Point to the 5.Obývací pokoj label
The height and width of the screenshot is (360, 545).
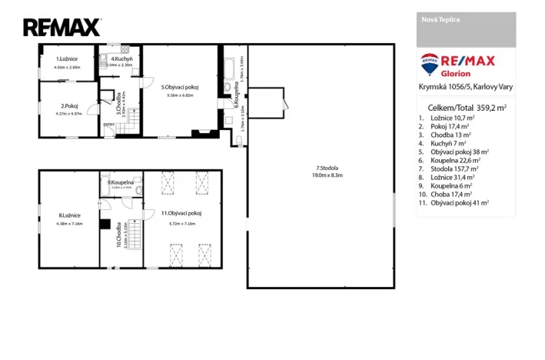pyautogui.click(x=180, y=88)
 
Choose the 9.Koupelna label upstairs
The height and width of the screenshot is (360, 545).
pyautogui.click(x=121, y=182)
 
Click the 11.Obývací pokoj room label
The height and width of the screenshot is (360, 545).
pyautogui.click(x=181, y=212)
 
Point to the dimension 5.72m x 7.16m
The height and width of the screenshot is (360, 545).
pyautogui.click(x=181, y=223)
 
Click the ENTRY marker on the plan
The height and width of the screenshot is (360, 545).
pyautogui.click(x=108, y=124)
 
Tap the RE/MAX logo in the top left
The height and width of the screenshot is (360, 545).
pyautogui.click(x=61, y=28)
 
